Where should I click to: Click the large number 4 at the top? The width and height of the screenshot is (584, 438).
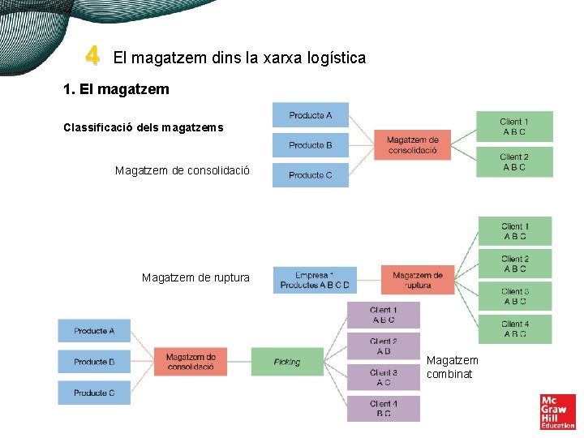click(92, 57)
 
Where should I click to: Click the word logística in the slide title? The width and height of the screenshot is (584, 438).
click(332, 58)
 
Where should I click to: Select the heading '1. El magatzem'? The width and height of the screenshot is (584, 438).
click(116, 89)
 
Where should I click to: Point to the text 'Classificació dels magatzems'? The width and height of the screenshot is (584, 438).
click(143, 127)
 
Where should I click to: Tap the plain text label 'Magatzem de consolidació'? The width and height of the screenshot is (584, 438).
click(182, 171)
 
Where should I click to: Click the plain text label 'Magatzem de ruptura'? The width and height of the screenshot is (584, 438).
click(195, 278)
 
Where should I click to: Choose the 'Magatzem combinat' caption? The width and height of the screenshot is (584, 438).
click(453, 367)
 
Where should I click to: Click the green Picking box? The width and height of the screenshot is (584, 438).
click(287, 362)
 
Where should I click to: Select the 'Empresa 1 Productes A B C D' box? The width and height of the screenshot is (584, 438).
click(315, 280)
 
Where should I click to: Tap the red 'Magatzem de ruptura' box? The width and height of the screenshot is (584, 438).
click(418, 280)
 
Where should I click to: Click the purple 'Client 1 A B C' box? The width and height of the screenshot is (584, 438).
click(384, 315)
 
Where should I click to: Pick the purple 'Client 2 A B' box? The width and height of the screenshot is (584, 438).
click(384, 346)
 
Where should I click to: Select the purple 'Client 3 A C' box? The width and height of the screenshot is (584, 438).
click(384, 377)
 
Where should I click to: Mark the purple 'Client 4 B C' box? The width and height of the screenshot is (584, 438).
click(384, 408)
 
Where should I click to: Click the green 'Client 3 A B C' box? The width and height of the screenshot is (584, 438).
click(515, 296)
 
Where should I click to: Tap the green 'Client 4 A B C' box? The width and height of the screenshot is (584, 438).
click(515, 328)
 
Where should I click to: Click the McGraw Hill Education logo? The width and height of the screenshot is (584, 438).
click(557, 411)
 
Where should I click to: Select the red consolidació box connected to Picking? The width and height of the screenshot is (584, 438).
click(191, 362)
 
